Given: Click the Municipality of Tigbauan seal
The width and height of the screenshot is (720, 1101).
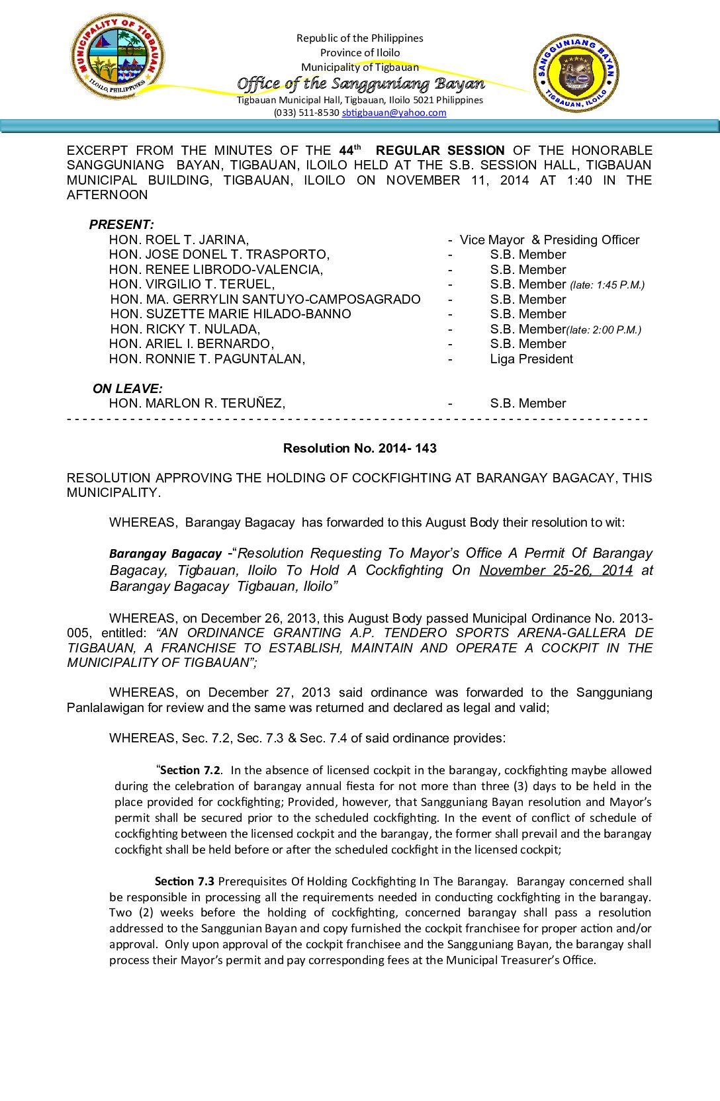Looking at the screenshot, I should tap(118, 57).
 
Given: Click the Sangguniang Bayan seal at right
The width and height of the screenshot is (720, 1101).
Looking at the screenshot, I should tap(576, 73).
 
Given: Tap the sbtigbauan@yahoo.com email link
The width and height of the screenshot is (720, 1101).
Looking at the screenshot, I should tap(394, 112).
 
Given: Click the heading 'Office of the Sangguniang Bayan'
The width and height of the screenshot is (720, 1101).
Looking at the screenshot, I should tap(361, 83).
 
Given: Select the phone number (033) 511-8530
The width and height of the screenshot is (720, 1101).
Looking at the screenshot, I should tap(306, 112).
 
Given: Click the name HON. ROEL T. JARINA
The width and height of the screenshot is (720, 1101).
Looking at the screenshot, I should tap(179, 240).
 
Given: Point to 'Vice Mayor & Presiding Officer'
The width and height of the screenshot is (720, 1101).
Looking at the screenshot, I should tap(549, 240).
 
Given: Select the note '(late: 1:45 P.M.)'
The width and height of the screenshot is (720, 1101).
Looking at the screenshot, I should tap(607, 285).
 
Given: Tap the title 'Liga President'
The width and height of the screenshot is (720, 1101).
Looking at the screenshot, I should tap(531, 359).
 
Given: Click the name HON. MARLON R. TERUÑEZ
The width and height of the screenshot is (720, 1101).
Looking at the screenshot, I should tap(197, 403).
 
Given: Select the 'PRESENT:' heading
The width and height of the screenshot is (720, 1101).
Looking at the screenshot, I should tap(122, 224).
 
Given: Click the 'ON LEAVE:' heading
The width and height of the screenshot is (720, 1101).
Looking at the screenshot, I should tap(128, 388).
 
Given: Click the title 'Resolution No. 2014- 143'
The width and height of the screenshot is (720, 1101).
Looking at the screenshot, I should tap(360, 448).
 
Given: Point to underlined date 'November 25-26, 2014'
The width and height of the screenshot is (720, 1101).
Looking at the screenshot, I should tap(556, 570).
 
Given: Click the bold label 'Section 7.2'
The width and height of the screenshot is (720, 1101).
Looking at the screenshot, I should tap(190, 770).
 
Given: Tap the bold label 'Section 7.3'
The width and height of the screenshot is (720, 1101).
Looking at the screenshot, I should tap(185, 881).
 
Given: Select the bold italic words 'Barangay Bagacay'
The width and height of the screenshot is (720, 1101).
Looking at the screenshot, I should tap(165, 554).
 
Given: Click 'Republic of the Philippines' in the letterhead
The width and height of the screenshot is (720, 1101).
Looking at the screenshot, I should tap(360, 38).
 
